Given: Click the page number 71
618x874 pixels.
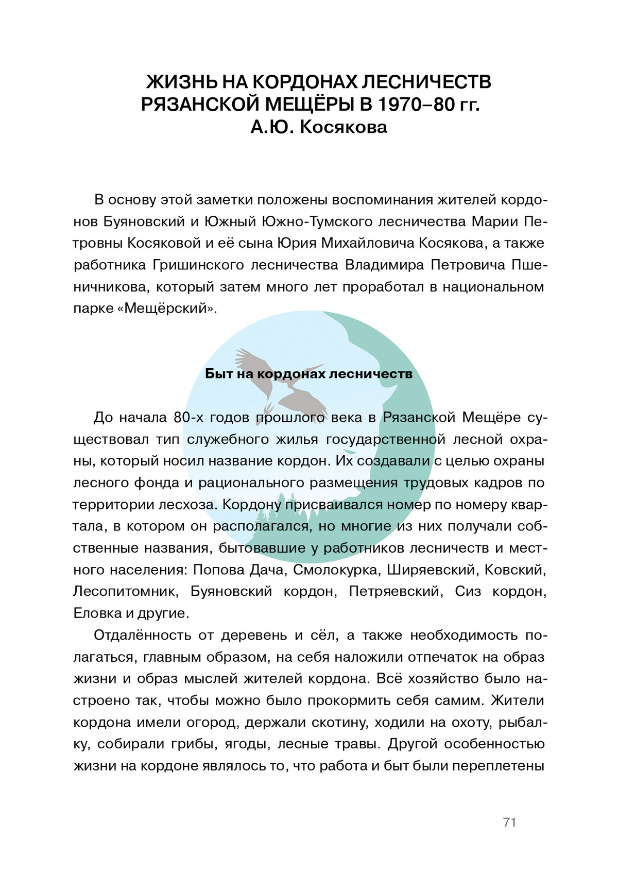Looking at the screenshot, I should tap(509, 822).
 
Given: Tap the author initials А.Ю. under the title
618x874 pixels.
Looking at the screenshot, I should tap(272, 127).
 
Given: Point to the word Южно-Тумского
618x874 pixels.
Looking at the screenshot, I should tap(317, 221).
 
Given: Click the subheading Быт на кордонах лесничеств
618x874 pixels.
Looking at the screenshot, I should tap(308, 373).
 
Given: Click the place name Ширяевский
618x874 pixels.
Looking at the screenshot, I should tap(431, 570).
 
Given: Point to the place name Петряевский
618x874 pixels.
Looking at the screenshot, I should tap(396, 591).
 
